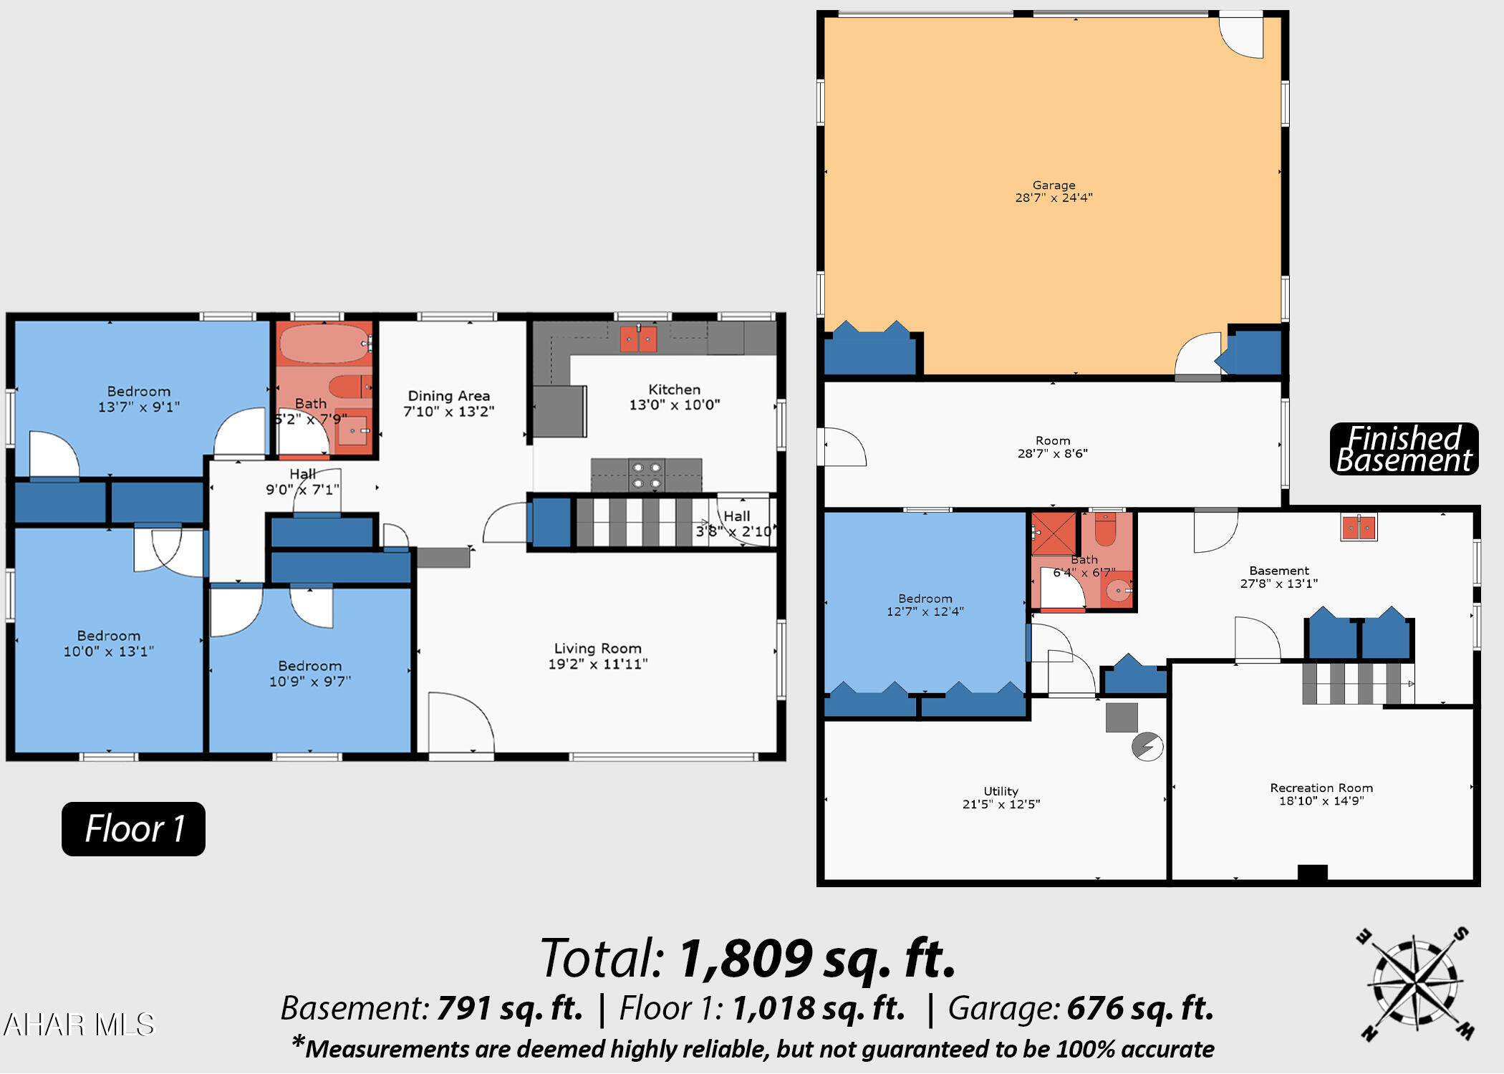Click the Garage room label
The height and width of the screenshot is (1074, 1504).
pos(1054,185)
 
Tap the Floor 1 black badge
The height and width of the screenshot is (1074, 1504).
pos(134,829)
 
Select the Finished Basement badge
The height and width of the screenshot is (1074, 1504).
pos(1404,449)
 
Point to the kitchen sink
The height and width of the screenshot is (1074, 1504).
pos(638,339)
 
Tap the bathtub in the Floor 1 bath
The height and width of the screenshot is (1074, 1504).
pos(324,344)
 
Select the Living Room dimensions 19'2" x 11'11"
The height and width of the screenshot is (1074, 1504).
pos(597,664)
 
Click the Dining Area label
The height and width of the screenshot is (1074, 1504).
pos(449,396)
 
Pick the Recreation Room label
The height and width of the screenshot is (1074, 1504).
pos(1321,788)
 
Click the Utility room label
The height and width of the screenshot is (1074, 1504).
pos(1001,791)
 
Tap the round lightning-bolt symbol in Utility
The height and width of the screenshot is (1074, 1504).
pos(1147,747)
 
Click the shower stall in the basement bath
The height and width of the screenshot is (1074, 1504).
pos(1054,533)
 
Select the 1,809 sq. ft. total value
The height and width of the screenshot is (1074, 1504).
pos(816,959)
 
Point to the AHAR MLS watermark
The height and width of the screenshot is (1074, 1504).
pos(79,1025)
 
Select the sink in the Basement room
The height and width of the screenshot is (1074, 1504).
pos(1358,528)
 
